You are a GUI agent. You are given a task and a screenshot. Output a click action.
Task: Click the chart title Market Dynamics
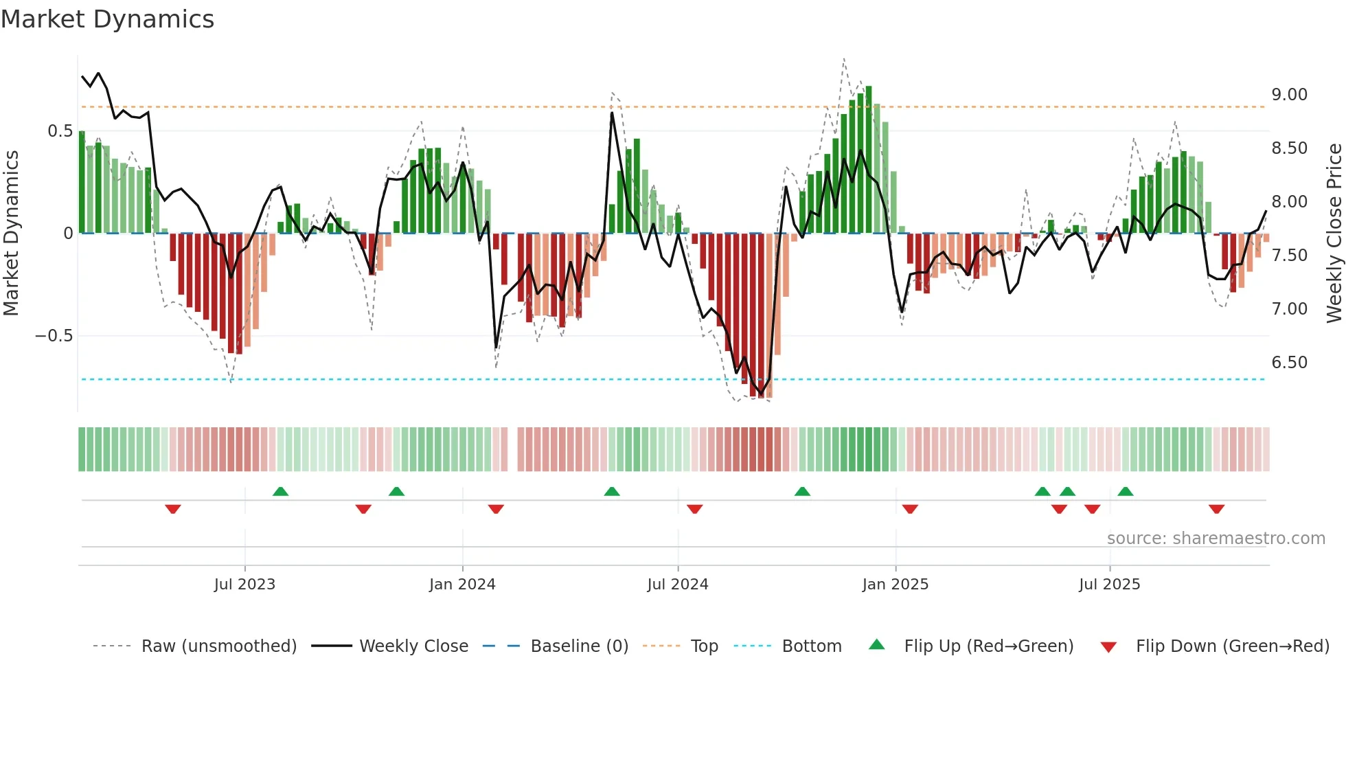[107, 19]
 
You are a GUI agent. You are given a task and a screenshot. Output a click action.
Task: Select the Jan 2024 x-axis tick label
[462, 585]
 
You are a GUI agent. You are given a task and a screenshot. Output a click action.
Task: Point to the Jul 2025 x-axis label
[1109, 585]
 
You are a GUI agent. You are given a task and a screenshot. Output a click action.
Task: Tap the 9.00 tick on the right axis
[1289, 95]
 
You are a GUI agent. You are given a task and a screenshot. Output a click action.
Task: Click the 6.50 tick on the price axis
[1289, 363]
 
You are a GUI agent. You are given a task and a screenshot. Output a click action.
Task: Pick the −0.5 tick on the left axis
[54, 336]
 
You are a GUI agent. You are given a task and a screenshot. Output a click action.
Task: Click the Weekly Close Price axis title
[1334, 234]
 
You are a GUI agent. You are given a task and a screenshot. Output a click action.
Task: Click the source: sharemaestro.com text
[1216, 539]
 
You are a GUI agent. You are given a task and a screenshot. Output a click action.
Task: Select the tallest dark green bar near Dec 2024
[869, 158]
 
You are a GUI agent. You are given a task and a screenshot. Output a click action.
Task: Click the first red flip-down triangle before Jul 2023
[173, 509]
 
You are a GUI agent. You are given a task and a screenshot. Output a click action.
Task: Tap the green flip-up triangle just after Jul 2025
[1125, 491]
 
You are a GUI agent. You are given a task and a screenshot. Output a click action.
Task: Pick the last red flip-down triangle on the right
[1216, 509]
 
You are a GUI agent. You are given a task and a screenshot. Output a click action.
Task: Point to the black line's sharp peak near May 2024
[612, 113]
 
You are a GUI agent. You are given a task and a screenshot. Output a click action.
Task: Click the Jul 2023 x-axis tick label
[244, 585]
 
